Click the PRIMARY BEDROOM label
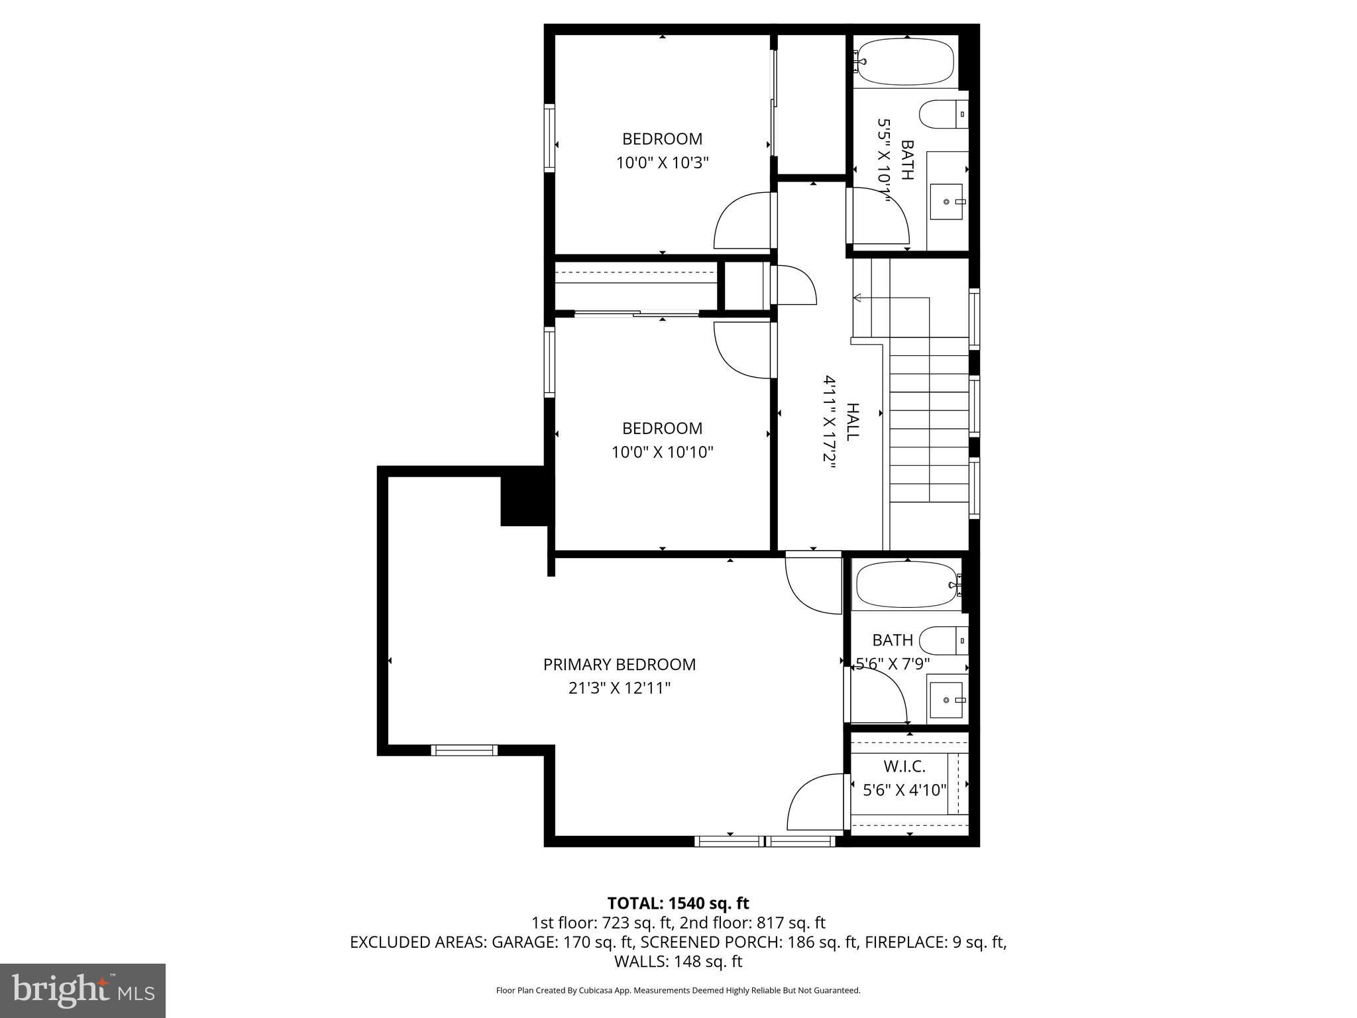(x=619, y=664)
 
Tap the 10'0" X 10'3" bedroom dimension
(x=662, y=163)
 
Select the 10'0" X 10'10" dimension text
(x=662, y=453)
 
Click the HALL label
(x=853, y=422)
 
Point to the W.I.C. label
(x=904, y=767)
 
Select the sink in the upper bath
(x=946, y=201)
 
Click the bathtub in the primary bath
(x=906, y=585)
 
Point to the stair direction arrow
(x=857, y=298)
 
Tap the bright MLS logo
(x=83, y=990)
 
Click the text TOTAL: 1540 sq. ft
(x=678, y=903)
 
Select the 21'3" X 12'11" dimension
(x=619, y=689)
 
